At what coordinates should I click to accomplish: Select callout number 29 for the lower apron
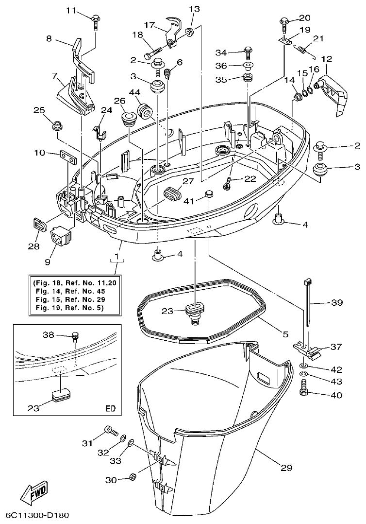pos(287,468)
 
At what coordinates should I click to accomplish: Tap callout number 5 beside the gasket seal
pos(285,334)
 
